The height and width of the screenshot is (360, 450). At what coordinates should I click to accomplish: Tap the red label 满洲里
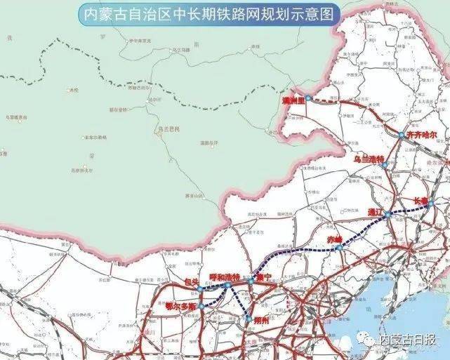pyautogui.click(x=290, y=102)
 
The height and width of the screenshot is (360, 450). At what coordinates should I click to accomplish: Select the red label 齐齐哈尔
pyautogui.click(x=421, y=134)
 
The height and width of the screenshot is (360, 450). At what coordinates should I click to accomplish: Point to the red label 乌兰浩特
pyautogui.click(x=369, y=159)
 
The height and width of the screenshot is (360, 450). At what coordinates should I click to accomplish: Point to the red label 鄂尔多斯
pyautogui.click(x=181, y=306)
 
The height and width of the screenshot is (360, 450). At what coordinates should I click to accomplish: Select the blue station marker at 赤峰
pyautogui.click(x=338, y=247)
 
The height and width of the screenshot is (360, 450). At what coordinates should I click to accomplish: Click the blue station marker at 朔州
pyautogui.click(x=249, y=320)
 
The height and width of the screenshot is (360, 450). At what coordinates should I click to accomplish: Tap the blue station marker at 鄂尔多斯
pyautogui.click(x=201, y=306)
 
